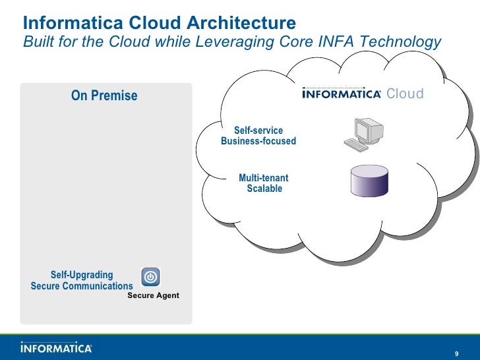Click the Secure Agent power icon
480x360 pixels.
150,277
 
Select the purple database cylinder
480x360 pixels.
368,181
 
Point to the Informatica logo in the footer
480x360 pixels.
56,347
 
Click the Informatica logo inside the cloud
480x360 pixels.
341,94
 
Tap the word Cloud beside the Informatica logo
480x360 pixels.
405,94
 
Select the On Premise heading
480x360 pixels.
104,96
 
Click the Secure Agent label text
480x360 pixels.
153,295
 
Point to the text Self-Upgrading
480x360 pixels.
82,275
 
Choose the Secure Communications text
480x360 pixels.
82,286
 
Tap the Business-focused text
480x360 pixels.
258,141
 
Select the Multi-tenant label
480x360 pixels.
263,178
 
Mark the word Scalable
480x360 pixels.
264,189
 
